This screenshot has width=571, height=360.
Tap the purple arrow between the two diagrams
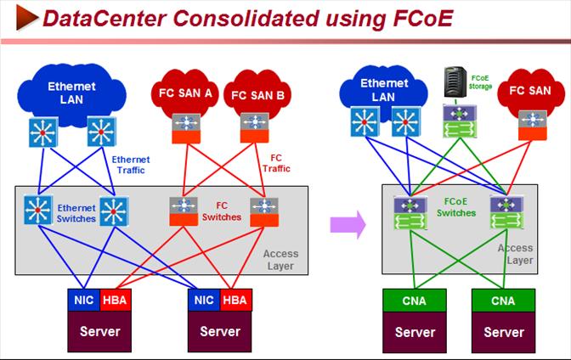[348, 224]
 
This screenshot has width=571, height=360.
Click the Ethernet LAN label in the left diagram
[71, 93]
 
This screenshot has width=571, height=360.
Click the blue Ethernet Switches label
[76, 212]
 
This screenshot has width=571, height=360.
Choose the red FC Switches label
[221, 211]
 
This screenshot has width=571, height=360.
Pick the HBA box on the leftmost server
[114, 300]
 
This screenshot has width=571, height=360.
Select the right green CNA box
[504, 300]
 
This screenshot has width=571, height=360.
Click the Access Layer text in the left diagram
[280, 259]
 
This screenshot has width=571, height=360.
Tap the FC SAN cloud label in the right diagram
[529, 89]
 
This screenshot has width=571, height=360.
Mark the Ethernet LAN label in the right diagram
[378, 90]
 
